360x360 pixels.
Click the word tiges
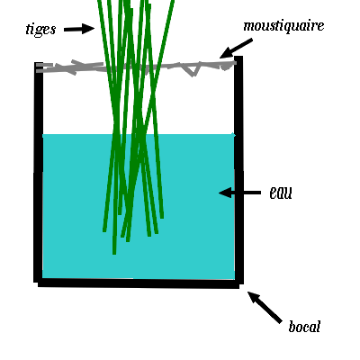[x=41, y=30]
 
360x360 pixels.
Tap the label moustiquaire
[x=283, y=26]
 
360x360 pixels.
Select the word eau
[x=281, y=193]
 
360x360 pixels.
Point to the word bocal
[x=304, y=326]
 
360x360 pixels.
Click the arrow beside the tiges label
[x=79, y=29]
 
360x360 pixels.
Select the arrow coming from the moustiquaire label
[x=236, y=49]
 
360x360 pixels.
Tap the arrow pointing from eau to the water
[x=239, y=193]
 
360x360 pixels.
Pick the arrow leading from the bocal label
[x=265, y=307]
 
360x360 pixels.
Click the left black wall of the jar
[x=39, y=173]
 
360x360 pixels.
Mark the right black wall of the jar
[x=238, y=169]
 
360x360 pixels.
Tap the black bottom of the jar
[x=139, y=283]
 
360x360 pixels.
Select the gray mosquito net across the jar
[x=136, y=67]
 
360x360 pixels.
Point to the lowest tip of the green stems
[x=114, y=254]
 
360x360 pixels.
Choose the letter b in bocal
[x=292, y=326]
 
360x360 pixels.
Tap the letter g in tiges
[x=40, y=31]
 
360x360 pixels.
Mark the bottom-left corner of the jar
[x=37, y=284]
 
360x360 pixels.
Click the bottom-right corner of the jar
[x=240, y=285]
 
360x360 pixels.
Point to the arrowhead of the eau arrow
[x=224, y=193]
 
